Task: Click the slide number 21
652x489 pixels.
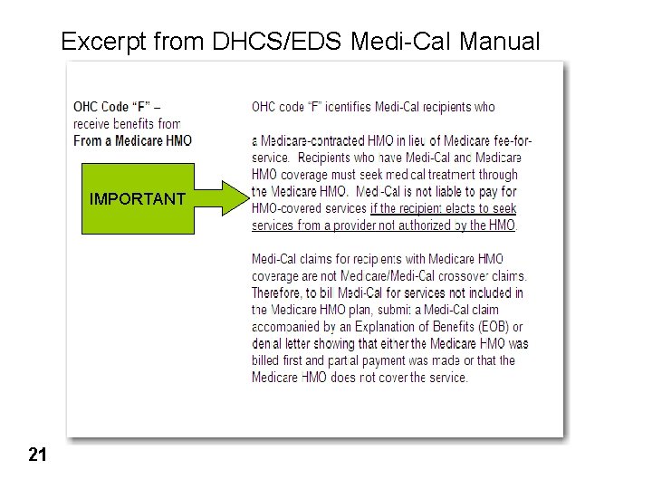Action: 37,454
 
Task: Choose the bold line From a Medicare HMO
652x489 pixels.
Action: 132,140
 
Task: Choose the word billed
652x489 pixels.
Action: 265,360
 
